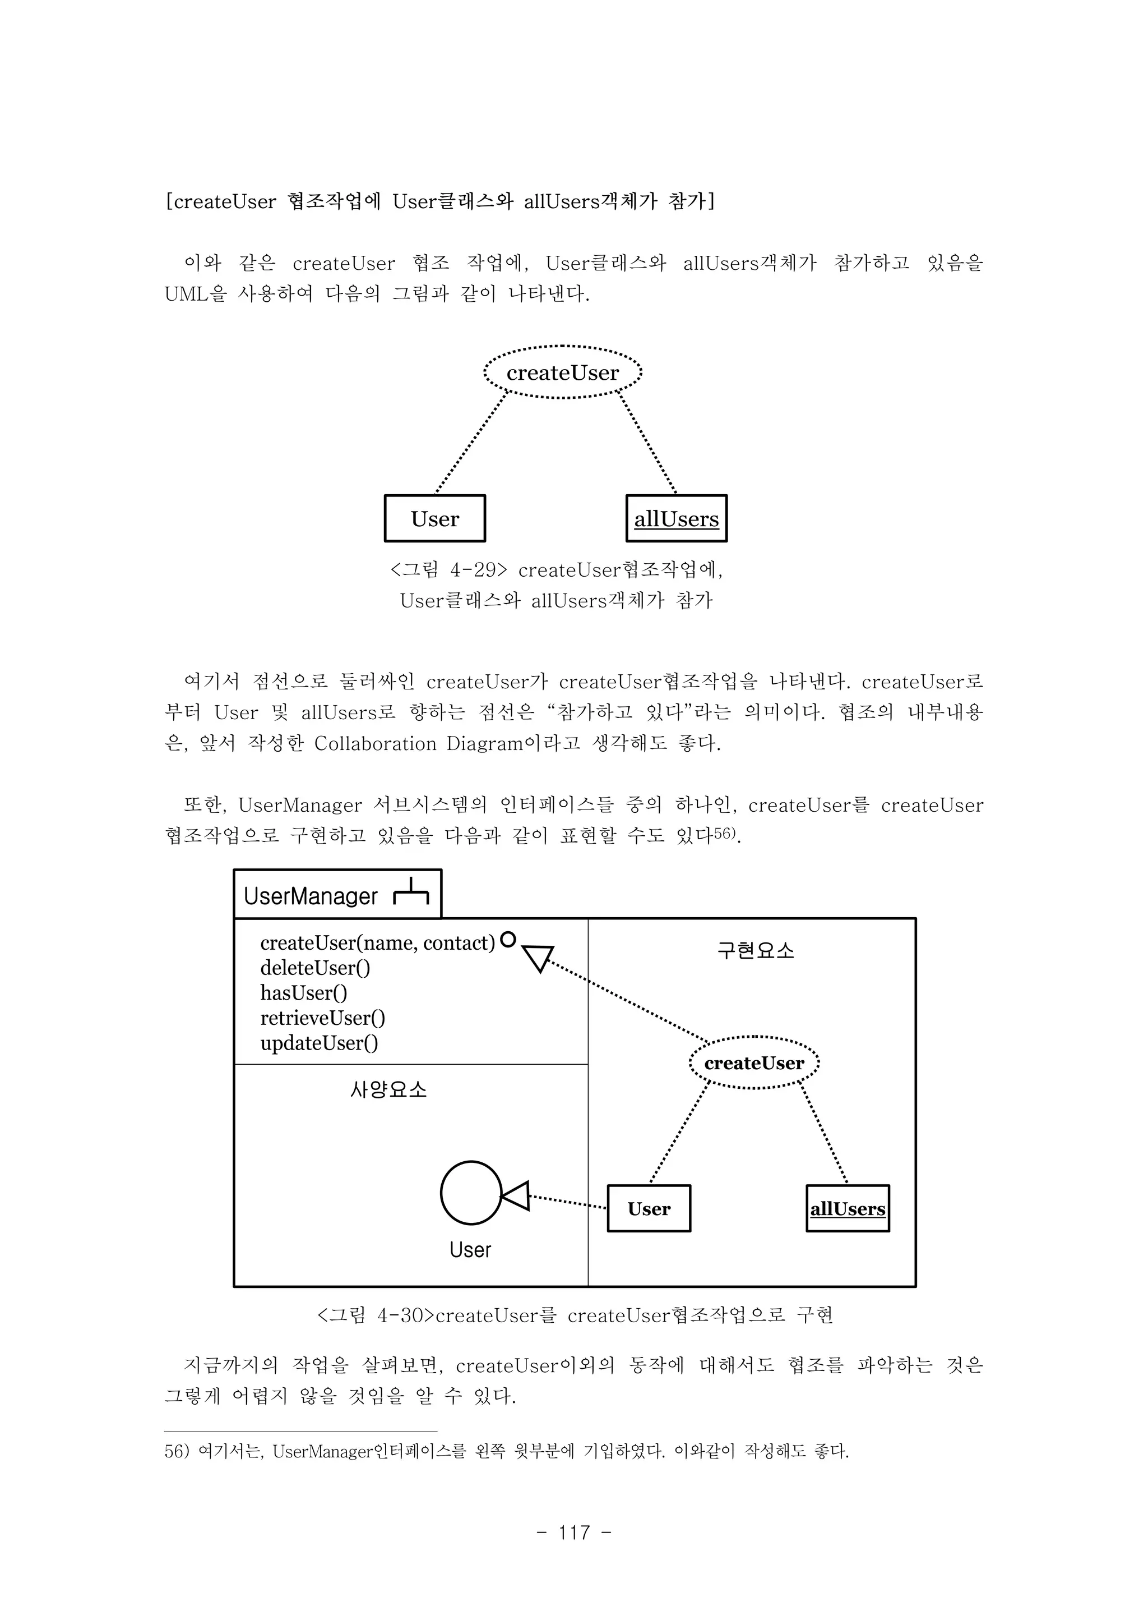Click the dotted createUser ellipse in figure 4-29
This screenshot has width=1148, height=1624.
563,372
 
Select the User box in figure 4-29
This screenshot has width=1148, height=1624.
435,518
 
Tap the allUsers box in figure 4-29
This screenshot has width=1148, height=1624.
677,518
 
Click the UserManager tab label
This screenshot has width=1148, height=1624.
311,896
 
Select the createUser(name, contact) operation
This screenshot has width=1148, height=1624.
377,943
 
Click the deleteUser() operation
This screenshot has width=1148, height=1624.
315,968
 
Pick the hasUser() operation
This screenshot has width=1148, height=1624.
304,993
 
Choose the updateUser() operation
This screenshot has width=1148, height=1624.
320,1043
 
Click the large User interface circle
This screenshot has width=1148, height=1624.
471,1193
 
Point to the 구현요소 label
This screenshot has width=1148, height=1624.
756,950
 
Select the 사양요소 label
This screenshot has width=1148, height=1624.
389,1089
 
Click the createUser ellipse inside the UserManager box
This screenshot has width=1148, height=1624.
754,1063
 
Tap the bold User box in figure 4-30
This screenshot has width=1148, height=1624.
649,1209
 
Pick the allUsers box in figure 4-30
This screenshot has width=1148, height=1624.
848,1209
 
